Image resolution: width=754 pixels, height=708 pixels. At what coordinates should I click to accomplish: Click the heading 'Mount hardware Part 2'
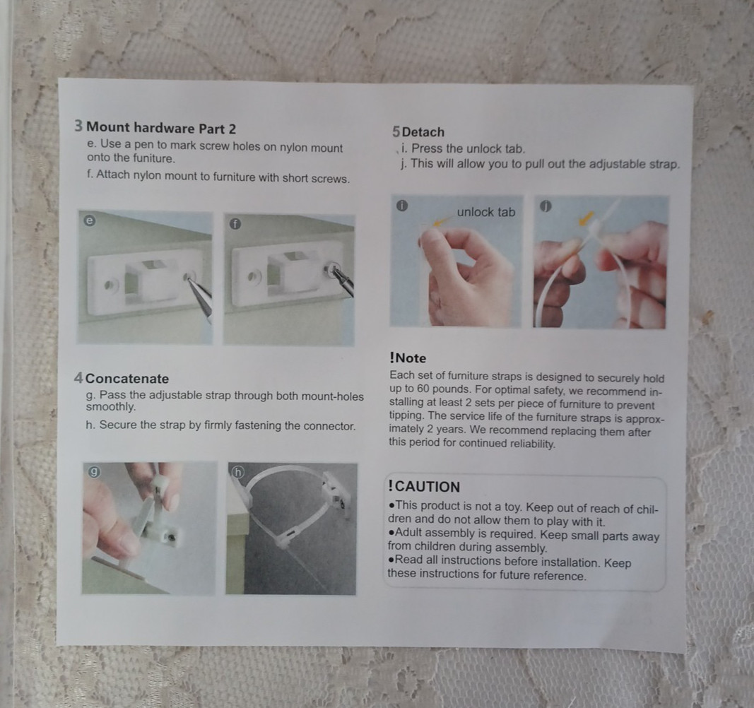click(x=161, y=128)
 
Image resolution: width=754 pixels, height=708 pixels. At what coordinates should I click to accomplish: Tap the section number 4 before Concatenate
click(x=78, y=378)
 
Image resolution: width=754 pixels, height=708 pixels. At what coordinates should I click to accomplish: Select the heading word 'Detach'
click(x=423, y=132)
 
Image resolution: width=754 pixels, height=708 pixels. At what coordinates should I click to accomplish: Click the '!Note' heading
click(x=408, y=358)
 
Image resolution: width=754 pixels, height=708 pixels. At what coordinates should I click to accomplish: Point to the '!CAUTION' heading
click(x=424, y=486)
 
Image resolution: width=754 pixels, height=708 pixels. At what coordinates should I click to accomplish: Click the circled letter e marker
click(x=90, y=220)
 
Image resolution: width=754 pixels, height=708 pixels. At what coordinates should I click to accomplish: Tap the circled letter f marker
click(x=235, y=224)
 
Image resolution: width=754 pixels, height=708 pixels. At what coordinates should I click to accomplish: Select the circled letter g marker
click(x=94, y=472)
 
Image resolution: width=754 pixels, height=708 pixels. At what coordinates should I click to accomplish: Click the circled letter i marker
click(x=402, y=206)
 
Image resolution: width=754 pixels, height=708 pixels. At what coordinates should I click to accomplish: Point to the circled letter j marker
click(x=546, y=206)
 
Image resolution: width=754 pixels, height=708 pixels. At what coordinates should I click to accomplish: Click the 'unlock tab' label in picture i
click(x=486, y=212)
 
